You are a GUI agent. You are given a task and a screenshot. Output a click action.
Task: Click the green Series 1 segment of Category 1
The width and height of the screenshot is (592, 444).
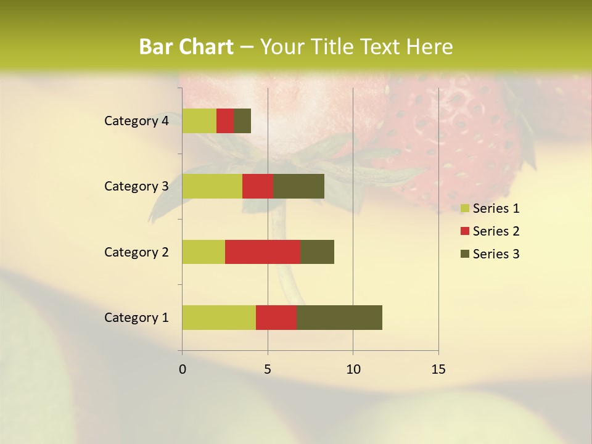219,318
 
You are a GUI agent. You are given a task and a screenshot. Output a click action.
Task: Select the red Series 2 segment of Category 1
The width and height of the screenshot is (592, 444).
276,318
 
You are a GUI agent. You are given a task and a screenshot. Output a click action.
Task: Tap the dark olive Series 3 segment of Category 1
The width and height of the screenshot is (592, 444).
339,318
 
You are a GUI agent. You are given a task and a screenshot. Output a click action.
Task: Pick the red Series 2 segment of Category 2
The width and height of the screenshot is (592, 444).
263,252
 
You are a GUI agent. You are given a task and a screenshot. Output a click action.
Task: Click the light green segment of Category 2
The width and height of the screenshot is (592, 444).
203,252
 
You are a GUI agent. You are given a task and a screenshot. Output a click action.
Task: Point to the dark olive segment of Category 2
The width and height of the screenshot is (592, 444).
317,252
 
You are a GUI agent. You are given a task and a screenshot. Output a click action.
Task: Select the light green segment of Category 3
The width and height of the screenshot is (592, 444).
212,186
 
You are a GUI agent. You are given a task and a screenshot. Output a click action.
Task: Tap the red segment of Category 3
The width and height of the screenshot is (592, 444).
258,186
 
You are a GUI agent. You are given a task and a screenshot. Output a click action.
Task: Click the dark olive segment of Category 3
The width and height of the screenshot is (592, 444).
298,186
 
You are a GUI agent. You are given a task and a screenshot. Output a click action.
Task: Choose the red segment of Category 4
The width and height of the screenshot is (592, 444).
225,121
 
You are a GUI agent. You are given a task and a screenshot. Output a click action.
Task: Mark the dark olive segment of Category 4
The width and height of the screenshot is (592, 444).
242,121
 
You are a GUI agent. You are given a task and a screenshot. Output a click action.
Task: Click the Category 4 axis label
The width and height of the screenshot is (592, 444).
136,121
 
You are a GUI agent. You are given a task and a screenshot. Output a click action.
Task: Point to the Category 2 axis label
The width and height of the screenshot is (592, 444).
136,252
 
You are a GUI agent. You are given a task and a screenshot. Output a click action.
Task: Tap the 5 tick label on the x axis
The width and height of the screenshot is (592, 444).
268,369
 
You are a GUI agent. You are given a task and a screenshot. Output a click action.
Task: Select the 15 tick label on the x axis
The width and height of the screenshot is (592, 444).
438,369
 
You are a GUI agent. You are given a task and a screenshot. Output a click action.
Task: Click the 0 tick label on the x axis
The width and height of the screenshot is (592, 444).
183,369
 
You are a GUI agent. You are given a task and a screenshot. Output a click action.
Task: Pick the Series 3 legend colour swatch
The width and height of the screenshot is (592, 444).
465,254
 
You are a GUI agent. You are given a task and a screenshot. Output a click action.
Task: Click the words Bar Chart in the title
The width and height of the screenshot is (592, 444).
186,47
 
